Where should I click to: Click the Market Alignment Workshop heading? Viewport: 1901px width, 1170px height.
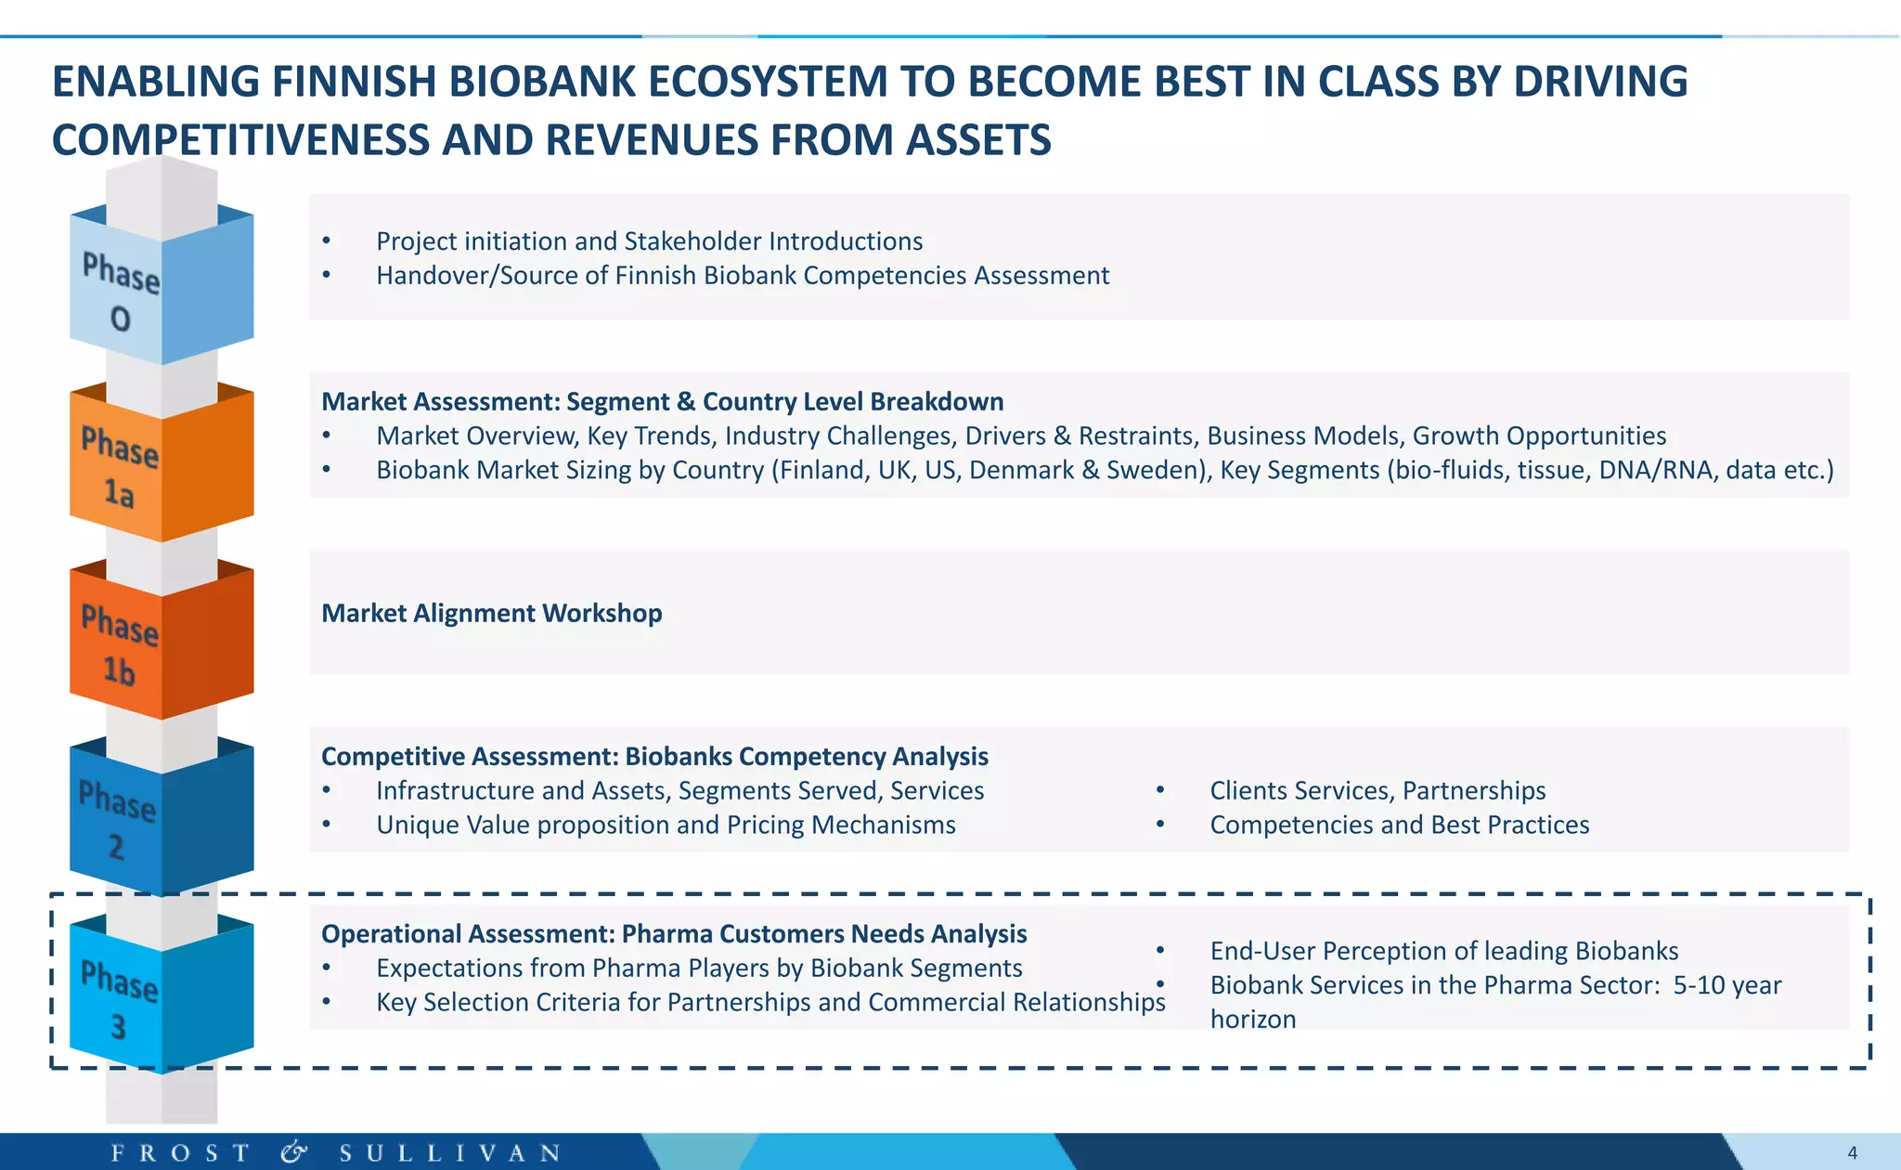tap(491, 614)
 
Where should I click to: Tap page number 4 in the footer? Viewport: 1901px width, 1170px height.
tap(1852, 1153)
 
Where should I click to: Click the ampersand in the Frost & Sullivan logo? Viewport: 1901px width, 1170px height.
tap(293, 1153)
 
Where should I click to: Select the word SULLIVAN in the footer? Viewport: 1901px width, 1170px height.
tap(450, 1153)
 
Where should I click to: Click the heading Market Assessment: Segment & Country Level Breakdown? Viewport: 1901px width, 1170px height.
tap(662, 402)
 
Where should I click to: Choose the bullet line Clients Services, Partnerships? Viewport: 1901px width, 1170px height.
tap(1377, 791)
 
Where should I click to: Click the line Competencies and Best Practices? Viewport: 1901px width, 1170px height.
tap(1399, 825)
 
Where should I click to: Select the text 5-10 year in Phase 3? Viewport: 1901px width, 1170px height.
tap(1726, 985)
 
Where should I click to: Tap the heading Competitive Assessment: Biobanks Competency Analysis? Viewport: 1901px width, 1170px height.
tap(654, 757)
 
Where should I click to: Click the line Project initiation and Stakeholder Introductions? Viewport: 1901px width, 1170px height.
tap(649, 241)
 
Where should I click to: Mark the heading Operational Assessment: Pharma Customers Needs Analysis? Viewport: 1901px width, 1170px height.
tap(674, 934)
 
